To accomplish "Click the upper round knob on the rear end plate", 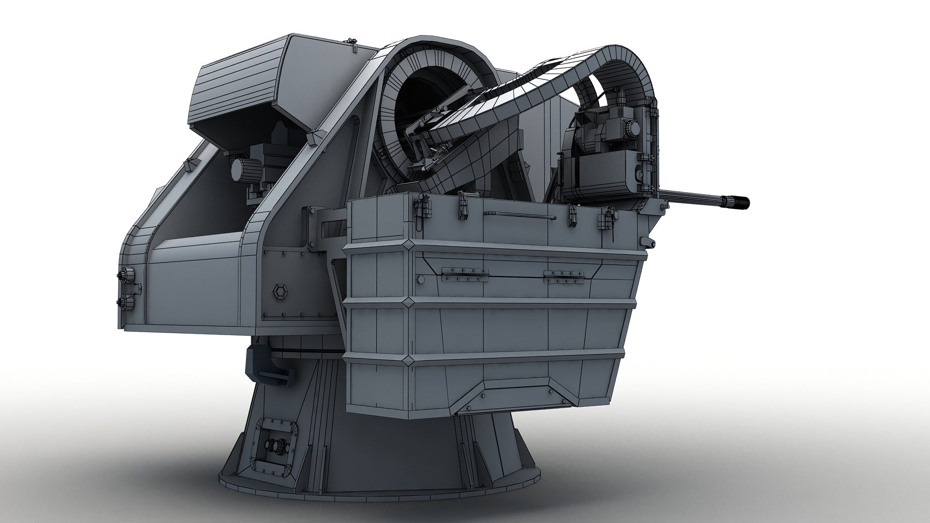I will tap(129, 274).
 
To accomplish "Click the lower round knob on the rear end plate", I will tap(129, 301).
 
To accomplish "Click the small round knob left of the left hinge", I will tap(420, 279).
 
